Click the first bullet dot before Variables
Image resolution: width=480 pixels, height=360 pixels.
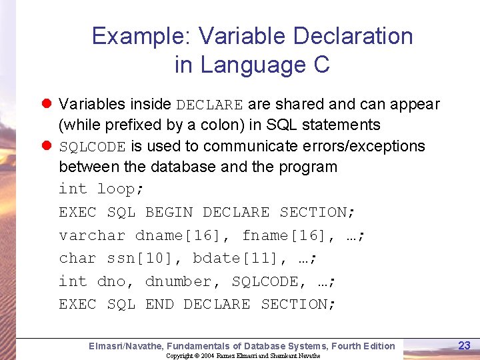click(x=47, y=105)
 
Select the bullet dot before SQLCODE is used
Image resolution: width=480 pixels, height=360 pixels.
click(x=47, y=146)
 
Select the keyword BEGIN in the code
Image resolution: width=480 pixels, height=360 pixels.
click(x=169, y=213)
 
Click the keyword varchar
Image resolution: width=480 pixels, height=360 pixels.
click(x=92, y=236)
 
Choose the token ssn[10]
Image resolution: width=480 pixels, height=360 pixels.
click(x=145, y=259)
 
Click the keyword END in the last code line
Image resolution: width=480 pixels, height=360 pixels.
click(x=159, y=305)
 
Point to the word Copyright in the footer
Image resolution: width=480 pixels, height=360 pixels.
click(x=179, y=356)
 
